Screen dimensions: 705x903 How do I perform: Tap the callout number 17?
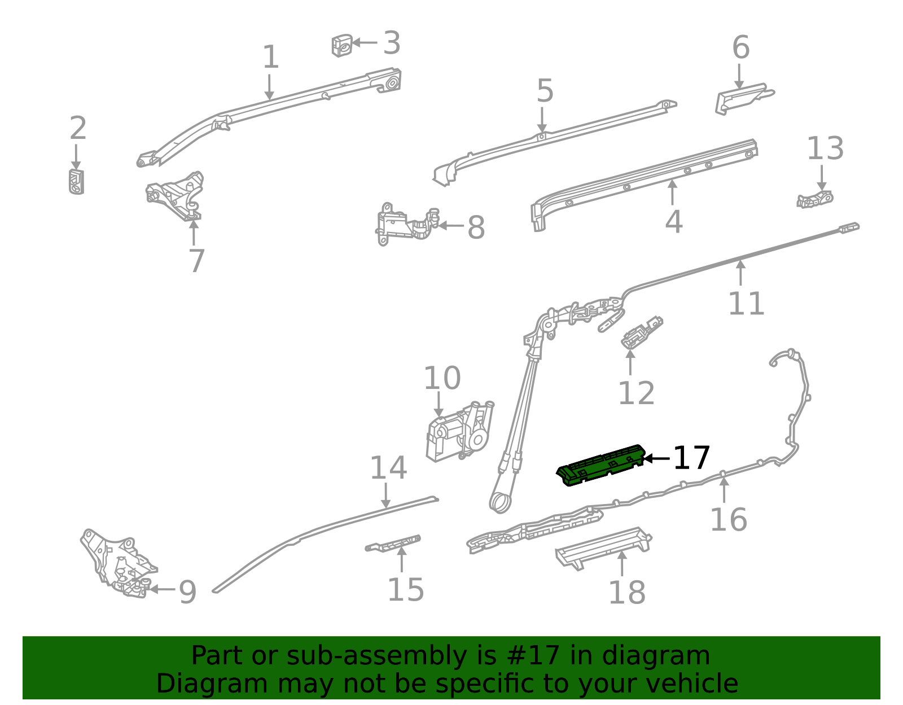click(691, 458)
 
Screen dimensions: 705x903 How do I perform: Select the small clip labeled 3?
click(342, 45)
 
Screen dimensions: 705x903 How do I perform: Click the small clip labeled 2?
click(76, 181)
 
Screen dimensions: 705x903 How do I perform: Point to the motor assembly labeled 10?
click(460, 432)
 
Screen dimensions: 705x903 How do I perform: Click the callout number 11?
click(746, 304)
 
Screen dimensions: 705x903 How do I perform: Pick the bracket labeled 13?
click(814, 199)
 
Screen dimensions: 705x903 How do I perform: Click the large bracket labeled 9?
click(119, 564)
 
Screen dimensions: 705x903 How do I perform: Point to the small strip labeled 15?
click(393, 543)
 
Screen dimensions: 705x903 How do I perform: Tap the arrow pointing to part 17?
click(656, 458)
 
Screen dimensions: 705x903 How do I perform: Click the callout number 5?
click(545, 91)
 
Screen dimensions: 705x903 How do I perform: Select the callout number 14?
click(388, 468)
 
